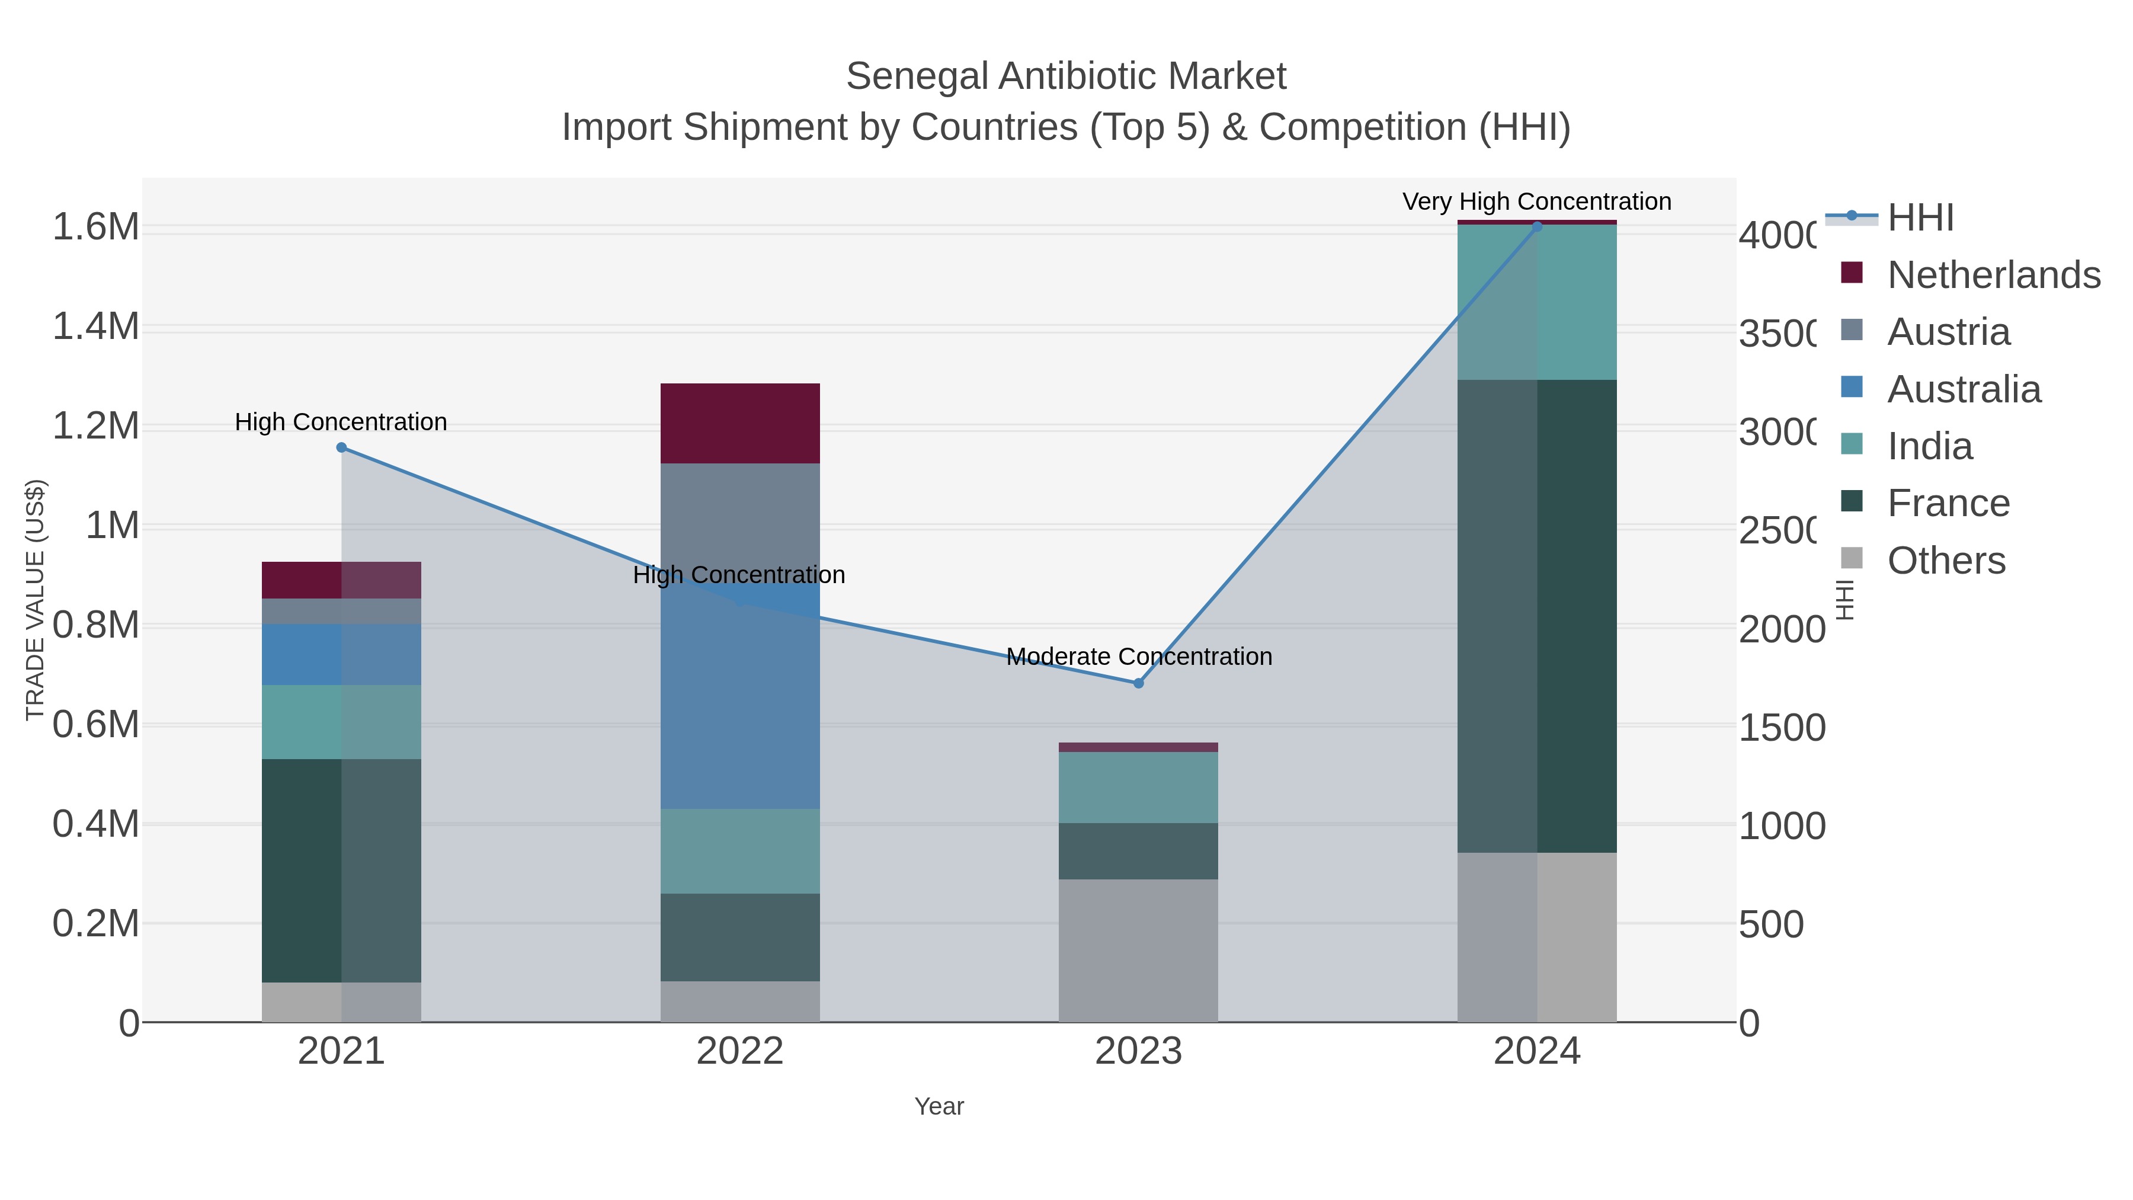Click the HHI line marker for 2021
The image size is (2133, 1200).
tap(341, 447)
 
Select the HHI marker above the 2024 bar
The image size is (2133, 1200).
tap(1537, 226)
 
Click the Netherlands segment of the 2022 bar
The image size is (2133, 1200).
tap(739, 423)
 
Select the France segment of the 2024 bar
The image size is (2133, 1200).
tap(1537, 616)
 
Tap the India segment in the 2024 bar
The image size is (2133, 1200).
tap(1537, 302)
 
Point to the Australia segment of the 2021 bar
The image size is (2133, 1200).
tap(341, 654)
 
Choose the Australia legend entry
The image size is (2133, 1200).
tap(1964, 389)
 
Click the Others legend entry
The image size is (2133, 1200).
tap(1945, 561)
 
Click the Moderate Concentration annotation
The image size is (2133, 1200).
tap(1139, 657)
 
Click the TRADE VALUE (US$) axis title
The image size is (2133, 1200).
tap(35, 600)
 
